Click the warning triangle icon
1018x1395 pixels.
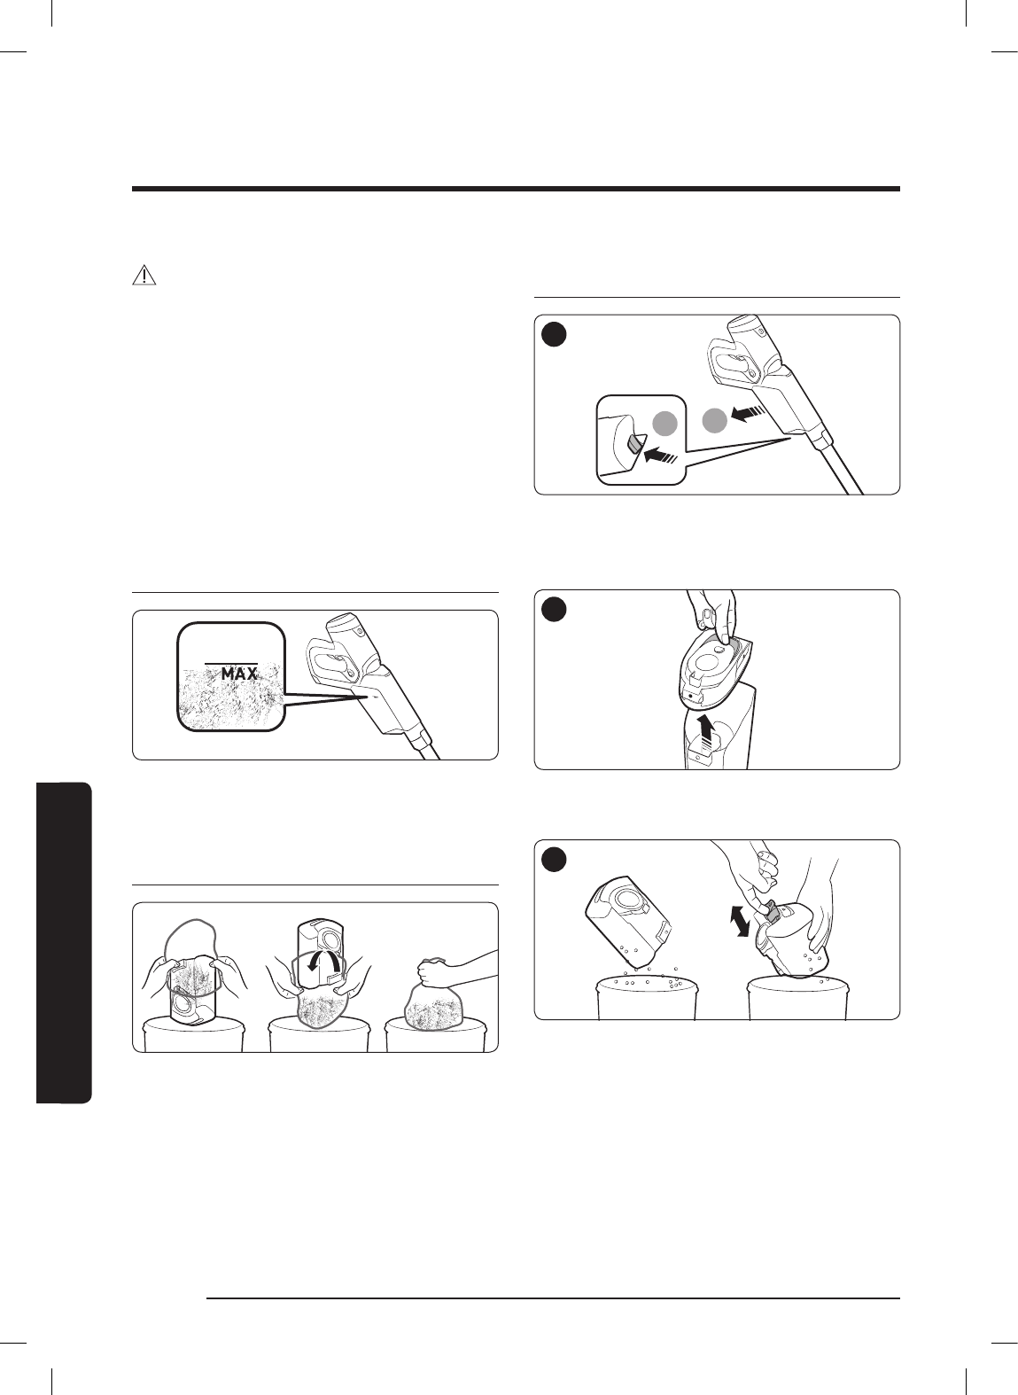click(144, 275)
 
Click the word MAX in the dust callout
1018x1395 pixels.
click(240, 674)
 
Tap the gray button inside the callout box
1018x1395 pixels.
click(633, 445)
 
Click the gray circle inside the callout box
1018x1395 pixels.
click(665, 425)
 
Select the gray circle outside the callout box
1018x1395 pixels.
click(715, 421)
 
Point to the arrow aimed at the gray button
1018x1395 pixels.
click(662, 455)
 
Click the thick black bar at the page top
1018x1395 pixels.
click(516, 189)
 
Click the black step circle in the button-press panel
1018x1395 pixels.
click(554, 334)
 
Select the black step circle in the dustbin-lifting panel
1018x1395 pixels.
click(554, 609)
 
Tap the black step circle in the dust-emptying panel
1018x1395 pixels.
click(554, 860)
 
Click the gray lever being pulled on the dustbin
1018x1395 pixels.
click(771, 911)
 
